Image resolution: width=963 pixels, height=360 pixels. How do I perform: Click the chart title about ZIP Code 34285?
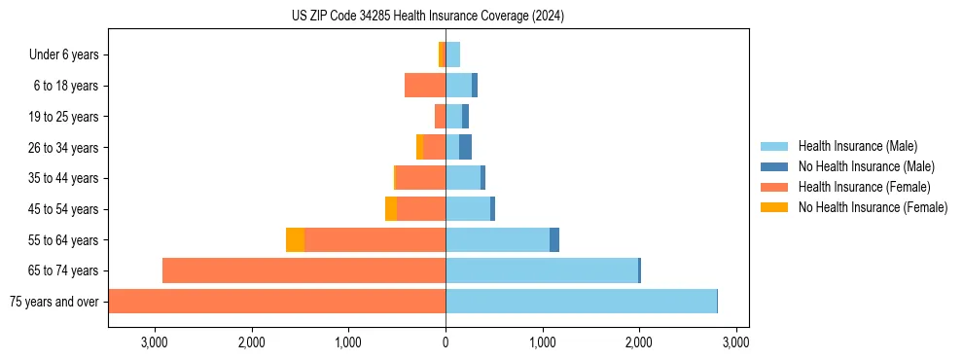pos(427,17)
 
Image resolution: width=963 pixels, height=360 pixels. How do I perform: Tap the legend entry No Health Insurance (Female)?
pos(873,207)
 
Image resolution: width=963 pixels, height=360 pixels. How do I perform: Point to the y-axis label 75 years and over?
pos(53,302)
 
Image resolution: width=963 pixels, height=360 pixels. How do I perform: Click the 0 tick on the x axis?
pos(446,342)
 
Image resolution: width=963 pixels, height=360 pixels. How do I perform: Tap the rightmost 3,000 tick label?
pos(735,342)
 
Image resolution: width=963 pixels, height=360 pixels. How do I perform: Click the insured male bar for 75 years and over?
pos(581,302)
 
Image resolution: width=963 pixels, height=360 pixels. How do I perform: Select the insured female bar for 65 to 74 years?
pos(303,270)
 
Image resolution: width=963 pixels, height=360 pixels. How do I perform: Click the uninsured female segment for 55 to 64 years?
pos(295,240)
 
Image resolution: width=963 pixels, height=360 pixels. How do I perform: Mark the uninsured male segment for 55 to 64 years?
pos(554,240)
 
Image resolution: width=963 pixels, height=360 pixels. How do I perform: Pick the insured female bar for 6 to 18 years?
pos(425,86)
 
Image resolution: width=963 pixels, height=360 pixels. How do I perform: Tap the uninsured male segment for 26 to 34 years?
pos(465,147)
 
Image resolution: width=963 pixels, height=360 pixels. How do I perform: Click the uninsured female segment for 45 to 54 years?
pos(390,209)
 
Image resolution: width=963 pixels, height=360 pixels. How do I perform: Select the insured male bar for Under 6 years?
pos(452,54)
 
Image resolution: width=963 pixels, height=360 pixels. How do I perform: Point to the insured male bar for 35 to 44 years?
pos(463,178)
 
